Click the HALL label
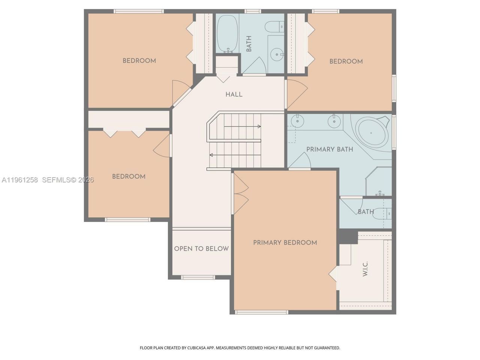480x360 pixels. (x=234, y=94)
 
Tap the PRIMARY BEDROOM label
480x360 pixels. (x=285, y=243)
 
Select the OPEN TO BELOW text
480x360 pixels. (x=201, y=249)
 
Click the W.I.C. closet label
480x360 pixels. (x=365, y=268)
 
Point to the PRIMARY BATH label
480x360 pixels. (x=330, y=150)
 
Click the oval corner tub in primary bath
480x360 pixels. (x=371, y=132)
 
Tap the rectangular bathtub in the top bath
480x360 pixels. (x=227, y=34)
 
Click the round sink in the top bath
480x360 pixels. (x=277, y=55)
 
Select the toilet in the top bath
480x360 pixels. (x=274, y=27)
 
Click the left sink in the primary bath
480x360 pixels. (x=297, y=121)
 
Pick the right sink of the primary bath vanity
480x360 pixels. (x=334, y=121)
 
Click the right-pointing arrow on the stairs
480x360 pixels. (x=242, y=126)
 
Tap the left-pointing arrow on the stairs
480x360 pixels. (x=235, y=155)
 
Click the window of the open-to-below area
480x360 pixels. (x=198, y=277)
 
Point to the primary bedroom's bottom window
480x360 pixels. (x=261, y=312)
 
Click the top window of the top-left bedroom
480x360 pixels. (x=139, y=11)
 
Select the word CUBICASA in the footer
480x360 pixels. (x=196, y=348)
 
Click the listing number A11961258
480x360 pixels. (x=19, y=180)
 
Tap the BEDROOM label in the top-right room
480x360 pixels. (x=346, y=61)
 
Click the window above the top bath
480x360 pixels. (x=253, y=11)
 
